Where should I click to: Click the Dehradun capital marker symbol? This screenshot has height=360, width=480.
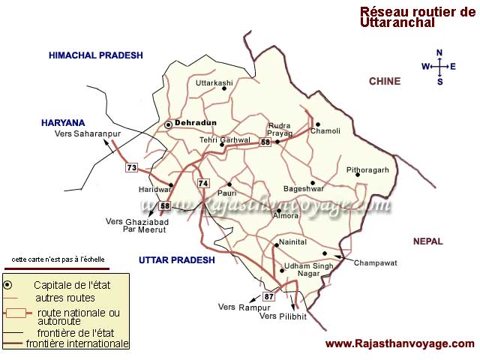click(x=169, y=124)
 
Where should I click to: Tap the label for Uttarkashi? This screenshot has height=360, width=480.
click(x=214, y=82)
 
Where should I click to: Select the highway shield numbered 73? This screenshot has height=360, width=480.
click(x=132, y=168)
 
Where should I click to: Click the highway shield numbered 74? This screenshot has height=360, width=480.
click(x=202, y=184)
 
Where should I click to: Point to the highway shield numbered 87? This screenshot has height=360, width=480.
click(x=269, y=298)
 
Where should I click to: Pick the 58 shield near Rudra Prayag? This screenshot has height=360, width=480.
click(x=265, y=142)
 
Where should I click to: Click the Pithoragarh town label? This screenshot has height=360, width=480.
click(x=367, y=170)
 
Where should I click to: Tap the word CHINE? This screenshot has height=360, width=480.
click(x=385, y=81)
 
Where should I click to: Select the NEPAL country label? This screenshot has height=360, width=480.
click(x=427, y=241)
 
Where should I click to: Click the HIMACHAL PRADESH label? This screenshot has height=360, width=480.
click(x=95, y=55)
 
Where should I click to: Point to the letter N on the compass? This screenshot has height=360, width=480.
click(x=440, y=52)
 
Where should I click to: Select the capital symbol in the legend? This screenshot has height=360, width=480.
click(x=8, y=285)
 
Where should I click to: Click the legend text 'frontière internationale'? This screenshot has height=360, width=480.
click(x=76, y=344)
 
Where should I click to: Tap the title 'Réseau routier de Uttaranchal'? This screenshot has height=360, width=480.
click(x=417, y=17)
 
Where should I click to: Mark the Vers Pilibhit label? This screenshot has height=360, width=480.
click(x=283, y=316)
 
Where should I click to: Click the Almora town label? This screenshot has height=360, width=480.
click(x=287, y=214)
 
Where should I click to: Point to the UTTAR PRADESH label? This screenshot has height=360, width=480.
click(x=177, y=259)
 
